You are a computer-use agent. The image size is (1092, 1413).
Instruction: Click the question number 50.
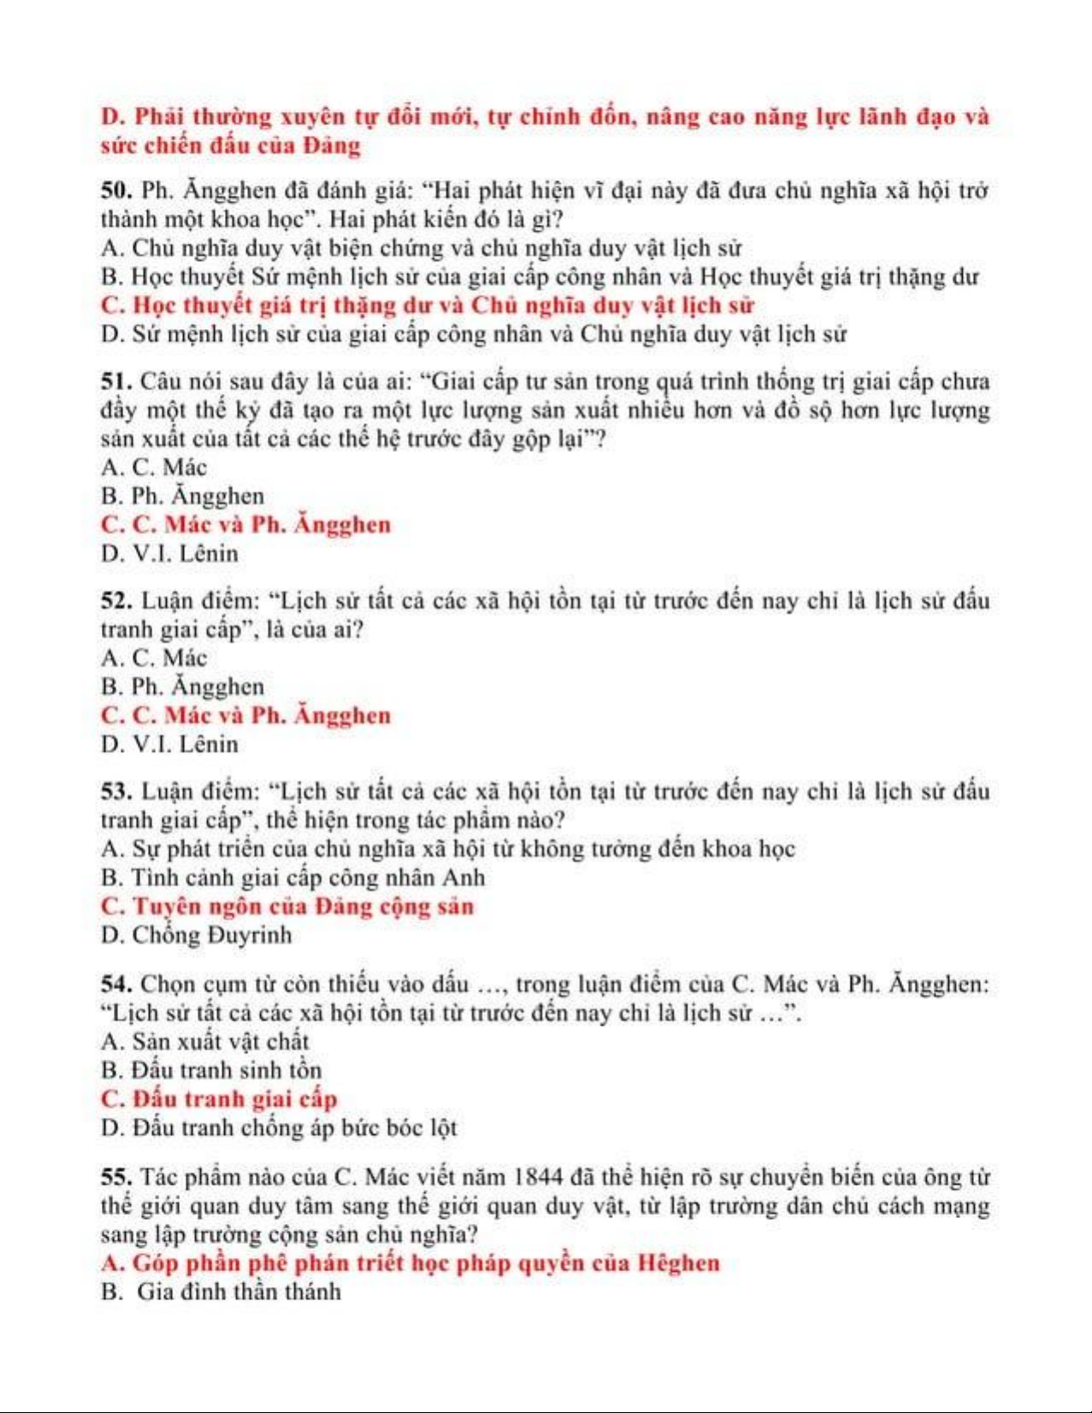pos(115,190)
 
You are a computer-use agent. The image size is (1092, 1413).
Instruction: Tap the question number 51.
pos(115,380)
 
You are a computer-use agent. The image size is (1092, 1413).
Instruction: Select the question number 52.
pos(115,600)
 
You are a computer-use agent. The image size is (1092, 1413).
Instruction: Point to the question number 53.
pos(115,791)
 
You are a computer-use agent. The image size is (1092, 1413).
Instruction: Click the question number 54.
pos(115,984)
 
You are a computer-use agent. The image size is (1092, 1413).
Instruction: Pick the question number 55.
pos(115,1177)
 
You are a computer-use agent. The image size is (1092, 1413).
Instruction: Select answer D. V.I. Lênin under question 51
pos(169,553)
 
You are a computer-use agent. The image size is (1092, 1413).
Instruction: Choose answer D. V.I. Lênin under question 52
pos(169,744)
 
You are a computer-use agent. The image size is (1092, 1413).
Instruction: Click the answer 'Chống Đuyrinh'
pos(196,935)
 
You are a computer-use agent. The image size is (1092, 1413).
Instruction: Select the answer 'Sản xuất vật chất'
pos(204,1041)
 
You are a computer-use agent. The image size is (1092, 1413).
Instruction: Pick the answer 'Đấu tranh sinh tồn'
pos(211,1070)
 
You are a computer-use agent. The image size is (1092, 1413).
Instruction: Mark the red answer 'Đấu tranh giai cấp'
pos(219,1098)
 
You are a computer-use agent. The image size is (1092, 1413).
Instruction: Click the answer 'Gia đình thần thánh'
pos(221,1291)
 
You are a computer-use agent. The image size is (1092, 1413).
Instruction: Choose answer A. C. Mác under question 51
pos(154,467)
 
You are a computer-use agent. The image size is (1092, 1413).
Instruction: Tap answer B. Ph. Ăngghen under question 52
pos(182,686)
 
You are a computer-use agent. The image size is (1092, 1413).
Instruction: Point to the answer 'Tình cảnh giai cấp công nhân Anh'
pos(292,878)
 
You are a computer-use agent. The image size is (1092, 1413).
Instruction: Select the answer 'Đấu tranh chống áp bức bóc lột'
pos(279,1127)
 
